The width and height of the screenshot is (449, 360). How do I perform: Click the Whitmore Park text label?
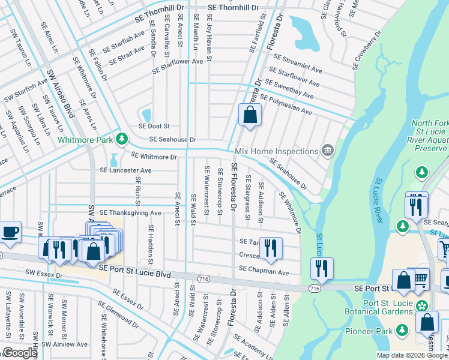(x=85, y=140)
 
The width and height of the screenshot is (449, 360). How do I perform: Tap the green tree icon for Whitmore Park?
(x=122, y=139)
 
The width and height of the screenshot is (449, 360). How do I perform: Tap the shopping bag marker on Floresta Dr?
(x=250, y=114)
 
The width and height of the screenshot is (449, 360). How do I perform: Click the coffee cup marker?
(x=10, y=232)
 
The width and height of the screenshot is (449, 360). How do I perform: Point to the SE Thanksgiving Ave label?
(x=130, y=213)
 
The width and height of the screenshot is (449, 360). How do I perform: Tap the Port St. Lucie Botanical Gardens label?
(x=379, y=307)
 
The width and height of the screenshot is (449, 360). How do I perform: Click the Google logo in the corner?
(x=19, y=353)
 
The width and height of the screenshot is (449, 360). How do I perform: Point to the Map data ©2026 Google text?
(x=411, y=355)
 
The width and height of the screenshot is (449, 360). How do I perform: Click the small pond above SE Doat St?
(x=146, y=114)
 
